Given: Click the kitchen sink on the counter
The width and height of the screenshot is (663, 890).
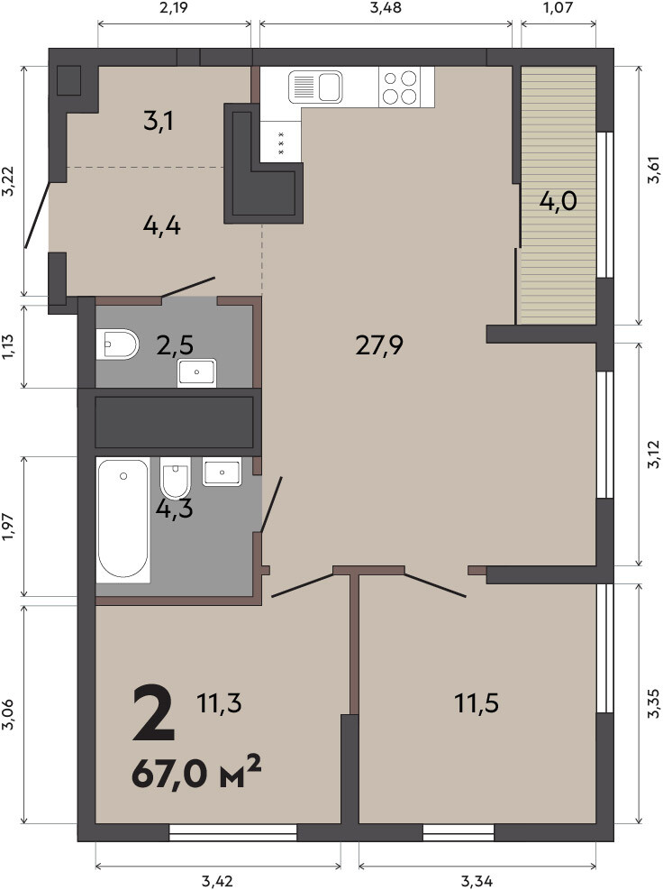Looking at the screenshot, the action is click(x=315, y=87).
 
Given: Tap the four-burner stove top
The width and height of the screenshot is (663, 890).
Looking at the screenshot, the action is click(x=400, y=87).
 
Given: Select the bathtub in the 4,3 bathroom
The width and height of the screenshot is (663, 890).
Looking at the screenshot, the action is click(x=123, y=519).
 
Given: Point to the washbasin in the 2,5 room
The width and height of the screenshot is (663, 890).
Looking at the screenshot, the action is click(x=196, y=373).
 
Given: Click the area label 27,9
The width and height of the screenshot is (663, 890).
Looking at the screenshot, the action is click(x=379, y=344).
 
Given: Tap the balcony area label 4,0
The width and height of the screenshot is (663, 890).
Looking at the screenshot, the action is click(x=559, y=201).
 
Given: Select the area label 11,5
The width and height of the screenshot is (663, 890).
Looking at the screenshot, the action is click(x=477, y=703).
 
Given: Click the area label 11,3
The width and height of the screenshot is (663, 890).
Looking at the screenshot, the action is click(x=219, y=703).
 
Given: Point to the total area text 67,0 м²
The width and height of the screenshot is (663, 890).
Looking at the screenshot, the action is click(x=196, y=773).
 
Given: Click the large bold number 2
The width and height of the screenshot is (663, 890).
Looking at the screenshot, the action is click(x=153, y=713).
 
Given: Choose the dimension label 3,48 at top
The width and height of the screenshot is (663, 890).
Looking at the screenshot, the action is click(x=386, y=8).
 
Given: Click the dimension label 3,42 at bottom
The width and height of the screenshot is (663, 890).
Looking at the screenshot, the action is click(x=218, y=882).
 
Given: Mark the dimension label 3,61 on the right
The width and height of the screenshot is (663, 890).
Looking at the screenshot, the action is click(x=654, y=170).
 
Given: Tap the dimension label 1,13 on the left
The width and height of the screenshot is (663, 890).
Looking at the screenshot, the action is click(x=8, y=346).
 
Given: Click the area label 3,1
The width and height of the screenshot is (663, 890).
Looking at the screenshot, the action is click(x=159, y=122).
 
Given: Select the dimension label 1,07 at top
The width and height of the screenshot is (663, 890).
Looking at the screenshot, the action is click(x=559, y=8).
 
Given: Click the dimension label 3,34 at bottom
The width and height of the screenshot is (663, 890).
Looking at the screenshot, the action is click(x=477, y=882).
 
